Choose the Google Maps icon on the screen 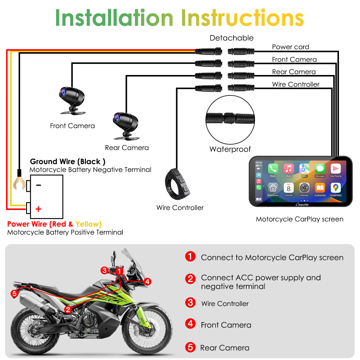point(335,188)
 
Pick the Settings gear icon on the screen point(304,188)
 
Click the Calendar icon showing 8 point(289,188)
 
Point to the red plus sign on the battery point(38,209)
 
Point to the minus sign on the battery point(38,185)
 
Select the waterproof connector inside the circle point(230,118)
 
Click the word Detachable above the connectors point(231,38)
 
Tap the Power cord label point(290,47)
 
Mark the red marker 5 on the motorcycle point(14,293)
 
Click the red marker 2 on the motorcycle point(68,309)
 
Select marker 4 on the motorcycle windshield point(147,281)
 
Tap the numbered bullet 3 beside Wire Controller point(190,302)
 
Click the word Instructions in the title point(242,18)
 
